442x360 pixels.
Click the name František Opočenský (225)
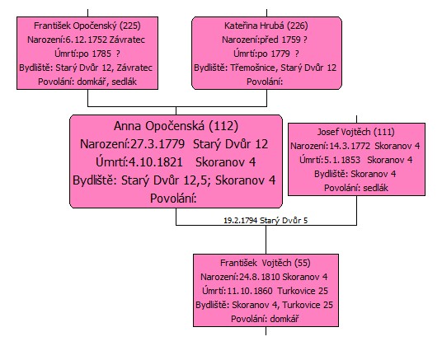click(x=87, y=26)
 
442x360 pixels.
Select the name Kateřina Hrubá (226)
click(x=266, y=26)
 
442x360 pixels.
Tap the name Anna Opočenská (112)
click(x=176, y=126)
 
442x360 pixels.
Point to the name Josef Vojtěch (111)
click(x=355, y=132)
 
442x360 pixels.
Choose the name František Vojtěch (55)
click(x=266, y=263)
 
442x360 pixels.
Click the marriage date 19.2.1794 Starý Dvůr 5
click(x=266, y=220)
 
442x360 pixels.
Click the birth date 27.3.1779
click(x=158, y=144)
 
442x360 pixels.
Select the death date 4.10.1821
click(x=156, y=162)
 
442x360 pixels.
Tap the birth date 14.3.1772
click(x=350, y=146)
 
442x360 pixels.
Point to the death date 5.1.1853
click(x=342, y=160)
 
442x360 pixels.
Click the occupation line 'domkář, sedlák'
click(x=107, y=82)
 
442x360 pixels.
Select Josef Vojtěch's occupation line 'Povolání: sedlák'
click(x=356, y=188)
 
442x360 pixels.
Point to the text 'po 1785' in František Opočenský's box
click(x=95, y=54)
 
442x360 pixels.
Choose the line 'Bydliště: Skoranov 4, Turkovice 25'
click(x=265, y=305)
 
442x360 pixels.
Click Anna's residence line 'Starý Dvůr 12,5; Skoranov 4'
click(x=198, y=180)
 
